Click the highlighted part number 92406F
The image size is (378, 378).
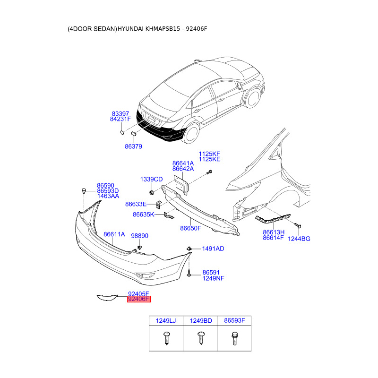[x=138, y=299]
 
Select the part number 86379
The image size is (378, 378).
[x=133, y=146]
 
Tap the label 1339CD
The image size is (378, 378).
[x=151, y=180]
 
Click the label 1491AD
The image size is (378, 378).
[x=213, y=249]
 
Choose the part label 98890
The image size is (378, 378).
[x=139, y=236]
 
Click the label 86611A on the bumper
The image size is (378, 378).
[x=114, y=234]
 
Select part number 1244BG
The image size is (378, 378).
[x=299, y=239]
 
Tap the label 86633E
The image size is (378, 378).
[x=136, y=204]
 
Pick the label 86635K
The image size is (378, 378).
[x=143, y=215]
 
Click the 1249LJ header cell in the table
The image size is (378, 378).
[x=166, y=321]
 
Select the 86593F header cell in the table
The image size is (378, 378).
[x=234, y=321]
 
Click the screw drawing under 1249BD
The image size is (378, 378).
[x=200, y=338]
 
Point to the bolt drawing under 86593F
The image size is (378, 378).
[x=234, y=338]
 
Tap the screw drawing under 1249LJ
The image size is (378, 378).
[x=166, y=338]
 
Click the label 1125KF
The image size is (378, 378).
[x=209, y=154]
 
